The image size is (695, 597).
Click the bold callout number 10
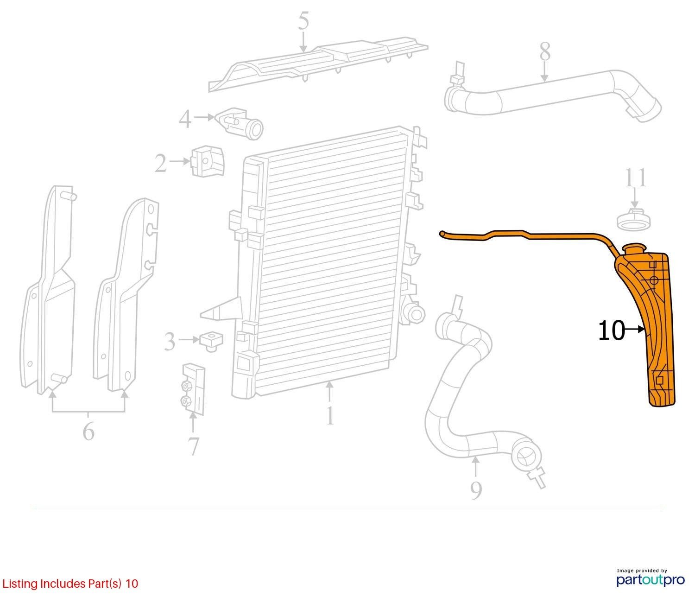tap(612, 330)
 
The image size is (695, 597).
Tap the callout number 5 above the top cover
tap(303, 20)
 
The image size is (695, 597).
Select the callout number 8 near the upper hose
tap(545, 51)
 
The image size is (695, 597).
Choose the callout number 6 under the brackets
tap(88, 431)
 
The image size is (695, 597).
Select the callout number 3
tap(170, 341)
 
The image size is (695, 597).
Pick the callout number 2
tap(161, 164)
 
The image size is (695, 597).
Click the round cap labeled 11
tap(634, 219)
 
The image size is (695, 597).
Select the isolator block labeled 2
tap(207, 161)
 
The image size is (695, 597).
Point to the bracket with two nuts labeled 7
tap(193, 389)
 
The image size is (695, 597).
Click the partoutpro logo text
tap(651, 579)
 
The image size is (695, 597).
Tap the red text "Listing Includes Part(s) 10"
tap(70, 584)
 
